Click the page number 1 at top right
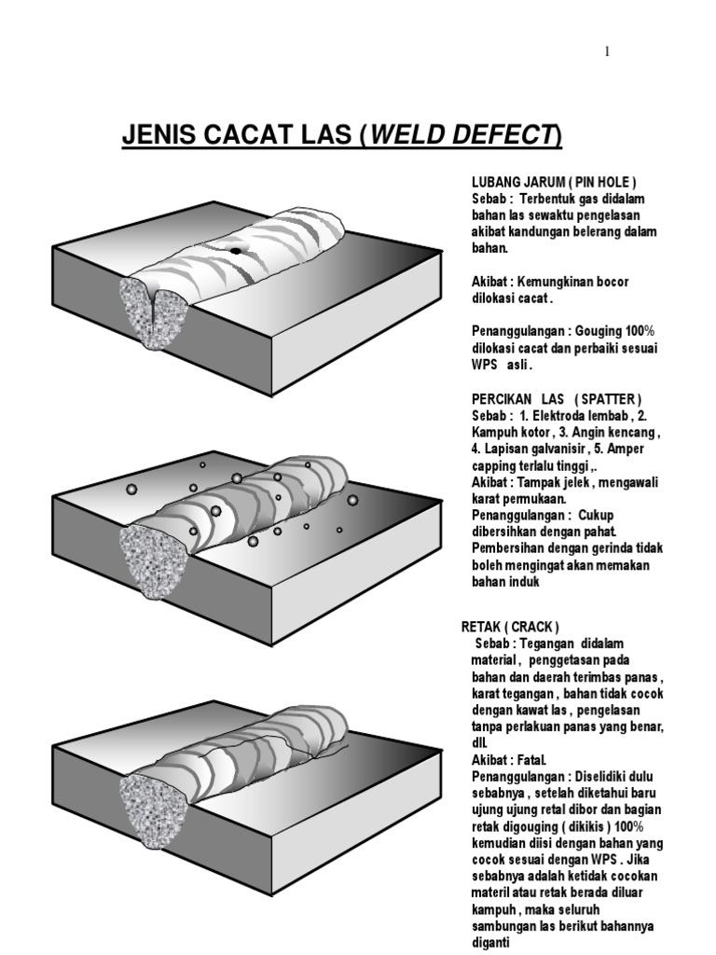607,51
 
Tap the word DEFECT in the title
504,138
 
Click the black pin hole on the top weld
236,251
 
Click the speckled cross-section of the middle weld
146,557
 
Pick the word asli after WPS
532,367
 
